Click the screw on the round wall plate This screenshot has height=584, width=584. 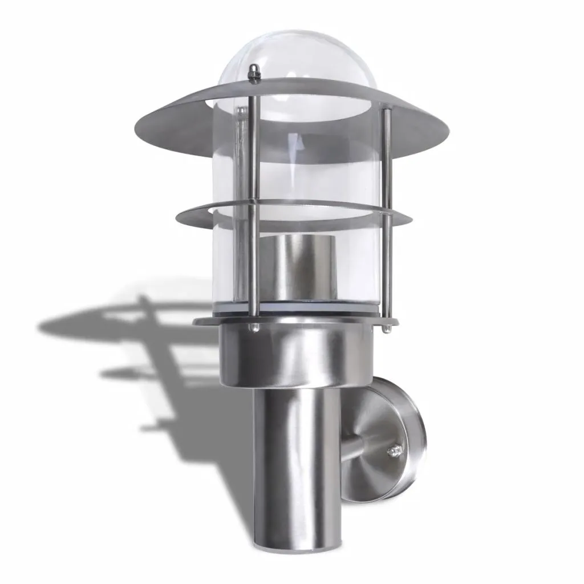pyautogui.click(x=393, y=453)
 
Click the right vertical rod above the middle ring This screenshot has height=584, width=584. pyautogui.click(x=387, y=160)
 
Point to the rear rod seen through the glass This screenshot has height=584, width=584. pyautogui.click(x=237, y=171)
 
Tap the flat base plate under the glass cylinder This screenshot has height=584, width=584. pyautogui.click(x=217, y=321)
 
